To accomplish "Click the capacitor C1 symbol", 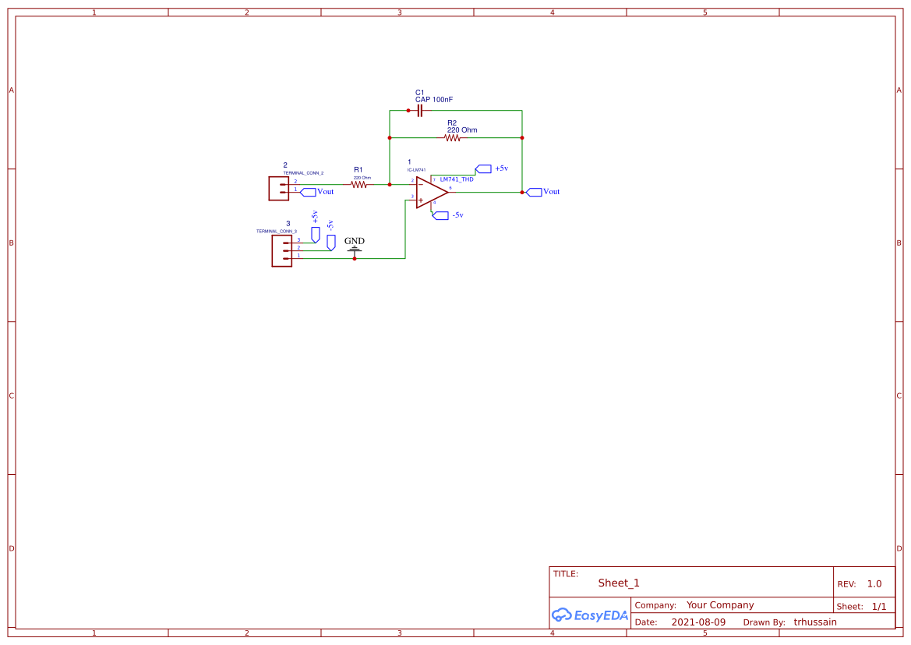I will coord(419,111).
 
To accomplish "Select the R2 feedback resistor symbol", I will coord(453,138).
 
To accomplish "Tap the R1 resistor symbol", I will coord(358,185).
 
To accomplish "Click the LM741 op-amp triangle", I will coord(430,192).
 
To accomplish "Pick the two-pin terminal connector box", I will coord(278,188).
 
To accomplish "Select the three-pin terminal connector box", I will coord(281,250).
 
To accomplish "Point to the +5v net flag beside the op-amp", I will coord(484,168).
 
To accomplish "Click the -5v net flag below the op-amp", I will coord(440,214).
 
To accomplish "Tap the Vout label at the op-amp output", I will coord(551,192).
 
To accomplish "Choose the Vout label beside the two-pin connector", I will coord(325,192).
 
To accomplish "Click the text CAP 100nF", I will coord(434,100).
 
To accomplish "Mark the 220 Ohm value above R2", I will coord(462,129).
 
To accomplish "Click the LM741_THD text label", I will coord(457,179).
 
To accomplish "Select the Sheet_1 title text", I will coord(619,583).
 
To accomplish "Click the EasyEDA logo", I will coord(590,615).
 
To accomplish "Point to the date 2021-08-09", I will coord(698,622).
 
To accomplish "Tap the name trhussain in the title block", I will coord(815,622).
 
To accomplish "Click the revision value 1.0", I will coord(874,583).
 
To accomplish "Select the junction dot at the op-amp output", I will coord(522,192).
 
